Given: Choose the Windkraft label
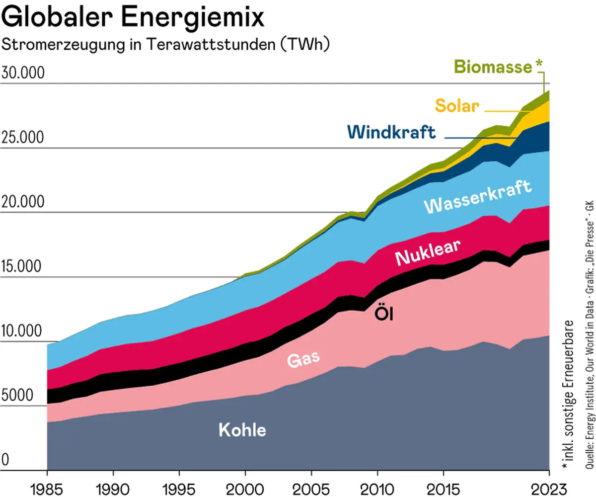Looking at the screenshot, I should pos(391,132).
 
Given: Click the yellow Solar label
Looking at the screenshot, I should pos(457,106).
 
